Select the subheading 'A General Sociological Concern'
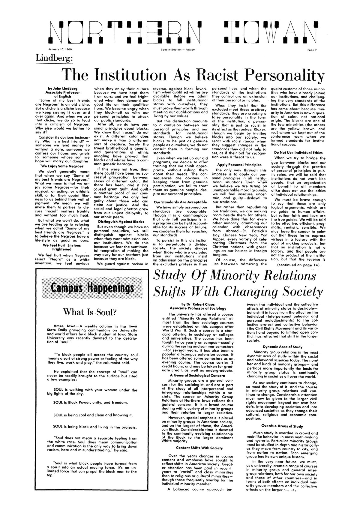[x=198, y=375]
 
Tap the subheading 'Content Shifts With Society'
[x=199, y=448]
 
